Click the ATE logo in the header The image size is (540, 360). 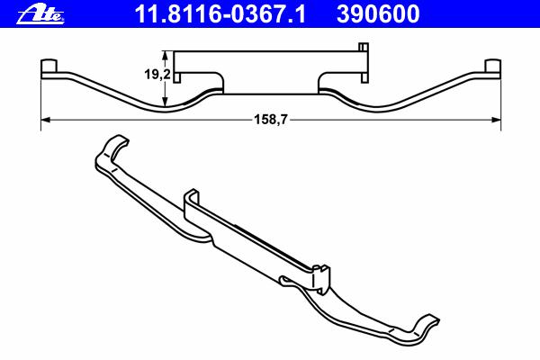click(x=40, y=14)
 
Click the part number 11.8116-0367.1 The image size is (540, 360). click(x=220, y=14)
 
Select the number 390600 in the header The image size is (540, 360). click(x=378, y=14)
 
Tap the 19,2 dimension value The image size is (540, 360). click(x=157, y=74)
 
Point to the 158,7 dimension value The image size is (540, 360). click(x=270, y=120)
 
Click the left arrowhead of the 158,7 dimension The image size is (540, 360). click(x=46, y=120)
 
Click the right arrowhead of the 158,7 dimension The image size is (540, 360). click(x=495, y=120)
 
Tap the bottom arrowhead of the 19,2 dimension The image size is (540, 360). click(x=166, y=102)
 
